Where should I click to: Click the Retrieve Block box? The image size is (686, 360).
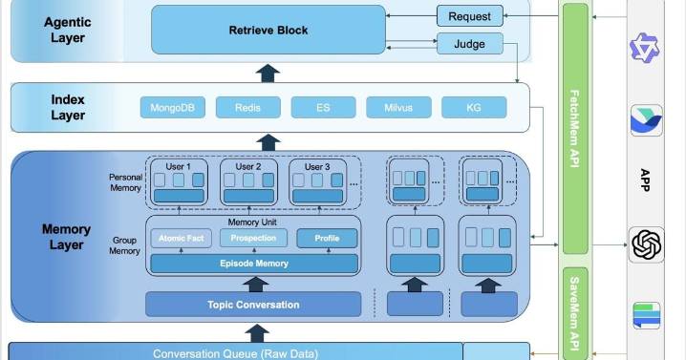tap(268, 30)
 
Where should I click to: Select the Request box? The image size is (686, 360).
tap(469, 16)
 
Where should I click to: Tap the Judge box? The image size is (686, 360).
tap(469, 44)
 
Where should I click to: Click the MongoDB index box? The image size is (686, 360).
tap(173, 108)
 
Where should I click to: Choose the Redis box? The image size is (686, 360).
tap(248, 108)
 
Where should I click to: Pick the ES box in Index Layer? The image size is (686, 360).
tap(323, 108)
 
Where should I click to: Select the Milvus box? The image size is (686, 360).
tap(398, 108)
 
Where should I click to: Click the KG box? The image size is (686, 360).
tap(474, 108)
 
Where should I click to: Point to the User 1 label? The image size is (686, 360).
tap(179, 166)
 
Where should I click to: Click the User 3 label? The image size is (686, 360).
tap(317, 166)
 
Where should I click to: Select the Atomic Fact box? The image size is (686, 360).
tap(180, 238)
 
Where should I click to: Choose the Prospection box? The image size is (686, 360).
tap(253, 238)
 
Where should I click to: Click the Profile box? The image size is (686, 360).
tap(327, 238)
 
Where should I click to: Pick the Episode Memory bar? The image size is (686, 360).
tap(254, 264)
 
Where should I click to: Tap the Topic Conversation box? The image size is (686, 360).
tap(253, 305)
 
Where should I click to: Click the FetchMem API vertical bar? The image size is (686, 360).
tap(574, 128)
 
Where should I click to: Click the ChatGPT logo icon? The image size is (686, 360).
tap(647, 244)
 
